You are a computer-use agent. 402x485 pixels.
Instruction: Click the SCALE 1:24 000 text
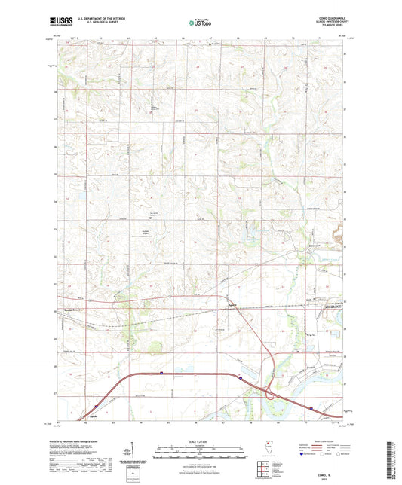point(201,441)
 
